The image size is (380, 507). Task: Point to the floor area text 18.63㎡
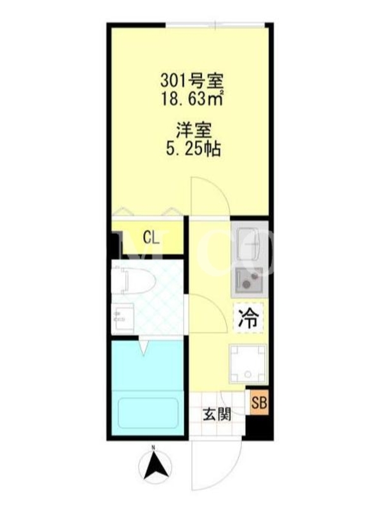coord(192,99)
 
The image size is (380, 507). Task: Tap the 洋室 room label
coord(194,131)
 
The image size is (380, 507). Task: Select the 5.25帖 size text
coord(194,149)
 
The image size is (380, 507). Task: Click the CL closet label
coord(151,238)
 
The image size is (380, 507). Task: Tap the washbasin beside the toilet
coord(123,318)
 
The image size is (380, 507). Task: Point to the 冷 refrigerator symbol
coord(249,318)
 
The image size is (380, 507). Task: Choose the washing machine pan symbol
coord(248,363)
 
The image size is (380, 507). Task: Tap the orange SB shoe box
coord(259,403)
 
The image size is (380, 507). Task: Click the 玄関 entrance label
coord(217,414)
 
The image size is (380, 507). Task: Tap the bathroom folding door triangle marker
coord(144,349)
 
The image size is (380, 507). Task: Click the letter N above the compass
coord(154,448)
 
